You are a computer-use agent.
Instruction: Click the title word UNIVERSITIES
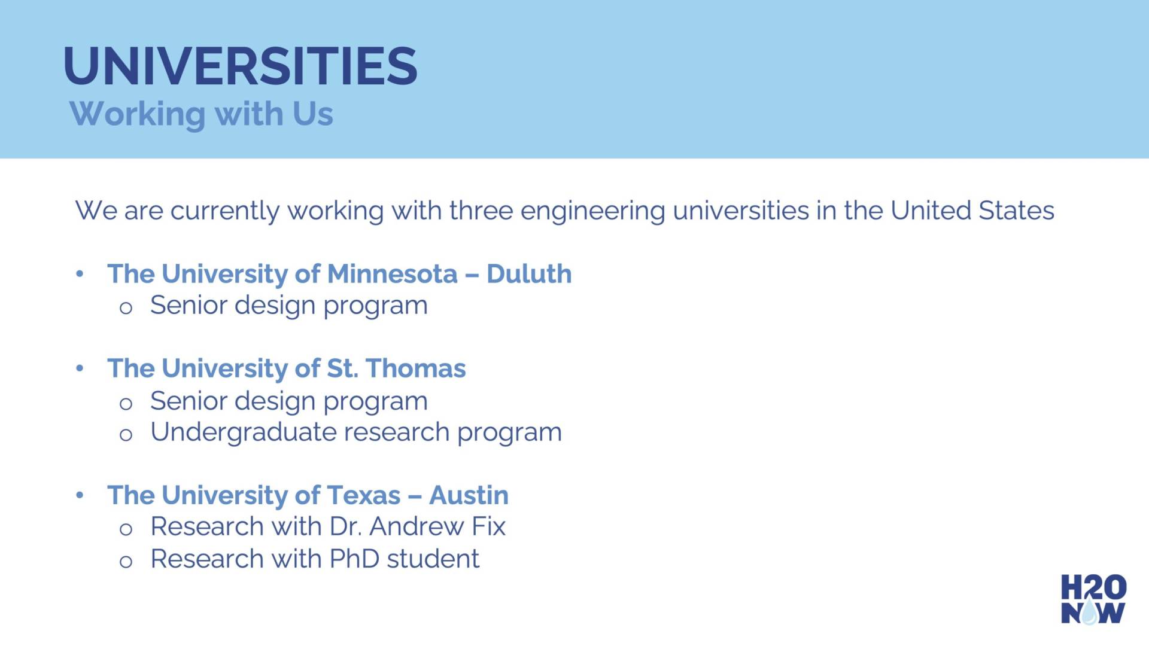click(x=240, y=66)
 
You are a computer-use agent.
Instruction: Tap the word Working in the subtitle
click(x=137, y=114)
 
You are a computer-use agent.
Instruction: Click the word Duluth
click(x=529, y=274)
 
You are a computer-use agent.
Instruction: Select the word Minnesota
click(x=393, y=274)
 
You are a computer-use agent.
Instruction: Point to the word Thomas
click(x=415, y=368)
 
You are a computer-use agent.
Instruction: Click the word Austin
click(x=469, y=495)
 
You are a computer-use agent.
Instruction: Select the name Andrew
click(x=416, y=526)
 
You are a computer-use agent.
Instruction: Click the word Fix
click(x=488, y=526)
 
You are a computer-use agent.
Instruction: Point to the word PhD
click(x=354, y=559)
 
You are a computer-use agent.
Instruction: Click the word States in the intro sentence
click(x=1016, y=211)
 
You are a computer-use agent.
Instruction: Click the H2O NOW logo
click(x=1093, y=599)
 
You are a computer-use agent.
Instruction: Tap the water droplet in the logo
click(x=1090, y=613)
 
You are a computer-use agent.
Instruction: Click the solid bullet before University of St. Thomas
click(x=80, y=368)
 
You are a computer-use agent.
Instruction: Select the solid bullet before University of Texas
click(x=80, y=495)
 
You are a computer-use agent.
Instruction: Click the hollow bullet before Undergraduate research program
click(x=126, y=435)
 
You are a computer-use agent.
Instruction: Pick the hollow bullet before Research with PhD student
click(x=126, y=562)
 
